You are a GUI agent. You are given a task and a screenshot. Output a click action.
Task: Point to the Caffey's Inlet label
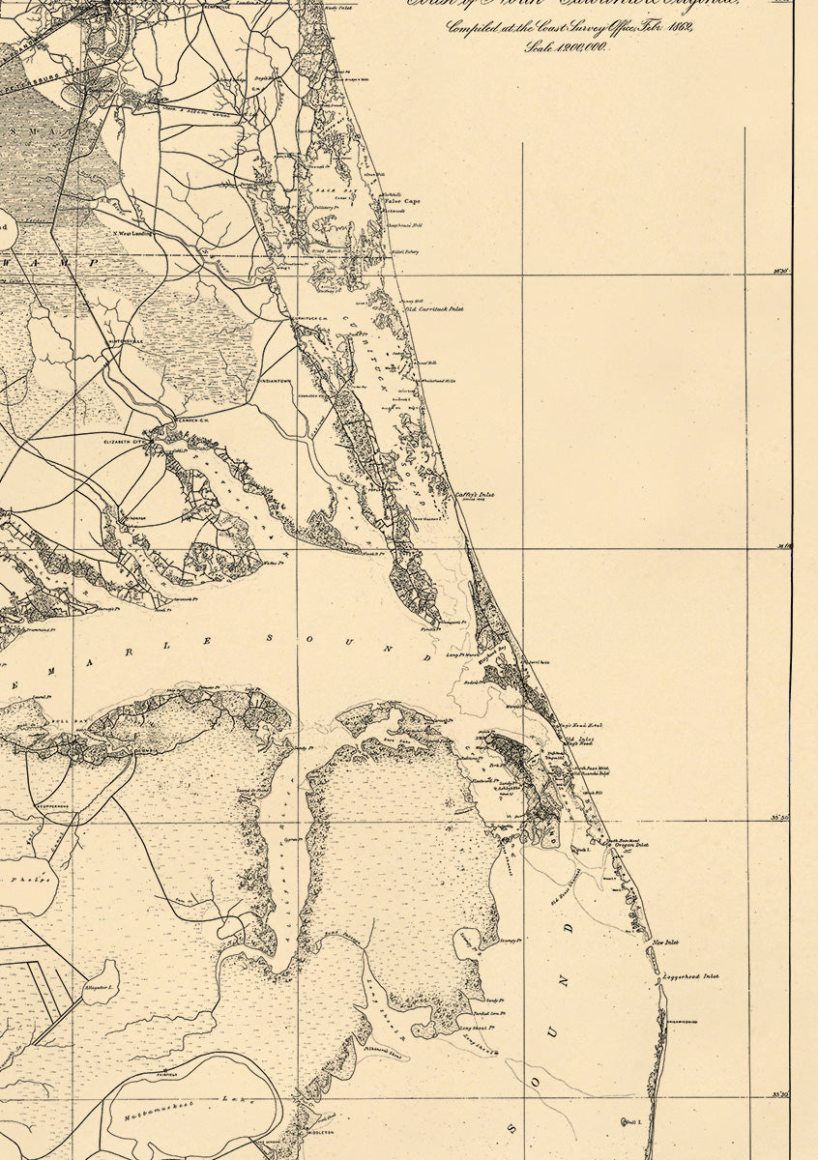point(475,495)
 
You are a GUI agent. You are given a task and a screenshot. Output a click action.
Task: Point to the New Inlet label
point(666,942)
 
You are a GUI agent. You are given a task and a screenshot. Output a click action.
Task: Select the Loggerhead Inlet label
point(691,977)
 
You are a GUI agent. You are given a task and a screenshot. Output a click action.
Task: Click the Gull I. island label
point(633,1121)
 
